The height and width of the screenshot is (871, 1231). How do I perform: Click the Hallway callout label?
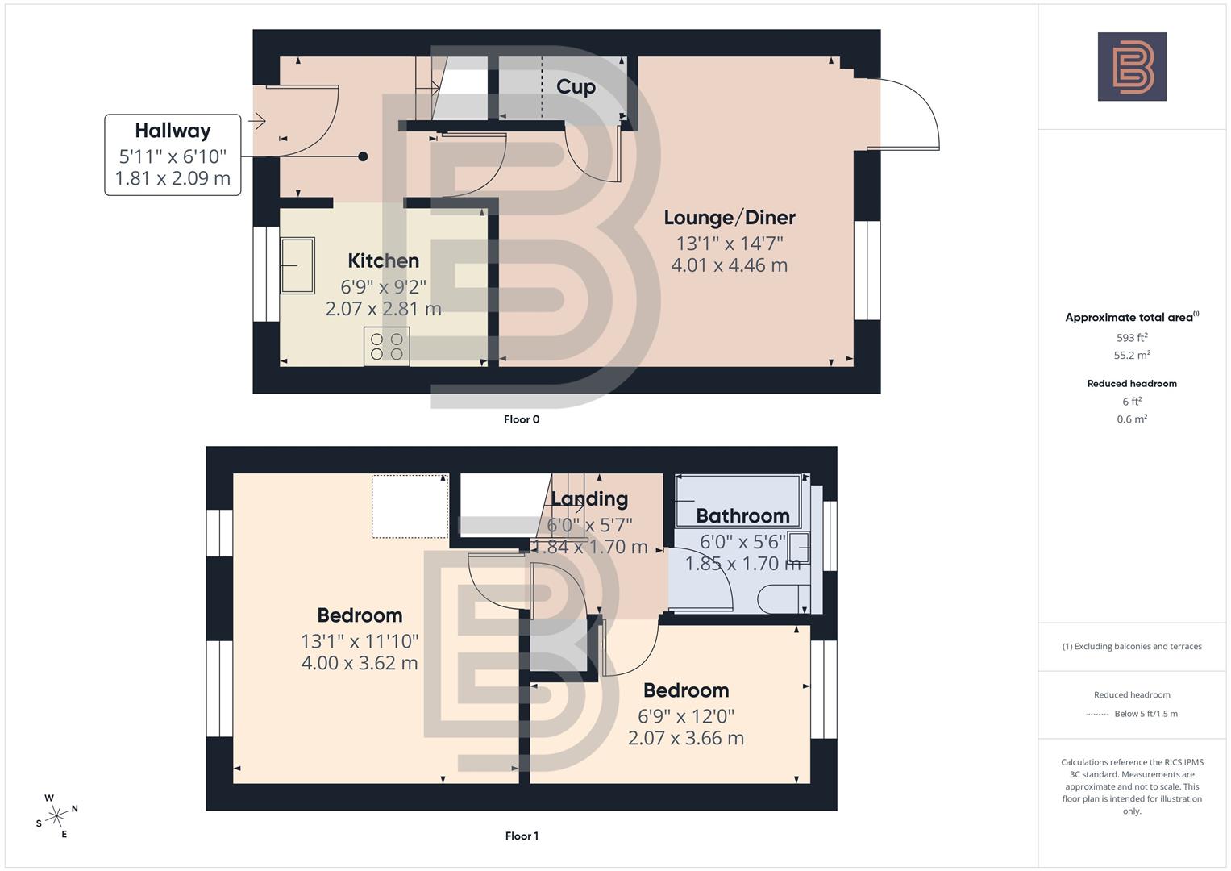(x=173, y=131)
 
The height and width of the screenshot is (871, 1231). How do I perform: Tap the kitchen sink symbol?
(x=297, y=265)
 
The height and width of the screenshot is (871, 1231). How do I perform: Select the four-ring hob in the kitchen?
(x=386, y=346)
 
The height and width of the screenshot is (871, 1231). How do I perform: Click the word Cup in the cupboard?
(x=576, y=87)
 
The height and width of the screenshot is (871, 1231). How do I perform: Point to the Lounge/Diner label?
(x=729, y=218)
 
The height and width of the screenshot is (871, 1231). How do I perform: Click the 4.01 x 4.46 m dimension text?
(x=729, y=265)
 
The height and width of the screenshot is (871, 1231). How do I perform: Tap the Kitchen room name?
(x=383, y=260)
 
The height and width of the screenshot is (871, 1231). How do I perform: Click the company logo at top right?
(x=1131, y=67)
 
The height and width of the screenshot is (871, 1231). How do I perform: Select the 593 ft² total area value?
(x=1131, y=338)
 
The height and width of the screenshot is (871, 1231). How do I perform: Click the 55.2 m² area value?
(x=1131, y=355)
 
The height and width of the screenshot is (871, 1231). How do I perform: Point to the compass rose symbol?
(x=56, y=816)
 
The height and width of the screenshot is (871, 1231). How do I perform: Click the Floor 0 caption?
(x=522, y=419)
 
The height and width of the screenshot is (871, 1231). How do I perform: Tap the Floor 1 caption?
(x=522, y=836)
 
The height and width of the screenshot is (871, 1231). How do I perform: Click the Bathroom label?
(x=742, y=516)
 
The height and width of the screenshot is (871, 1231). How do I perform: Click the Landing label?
(x=589, y=499)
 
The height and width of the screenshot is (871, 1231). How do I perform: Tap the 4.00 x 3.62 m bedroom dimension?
(x=360, y=663)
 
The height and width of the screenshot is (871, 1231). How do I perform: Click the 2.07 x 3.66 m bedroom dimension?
(x=685, y=738)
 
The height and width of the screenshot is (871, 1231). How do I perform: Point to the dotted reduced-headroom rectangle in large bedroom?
(x=410, y=506)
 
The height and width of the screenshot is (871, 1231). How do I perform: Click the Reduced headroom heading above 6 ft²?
(x=1131, y=384)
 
